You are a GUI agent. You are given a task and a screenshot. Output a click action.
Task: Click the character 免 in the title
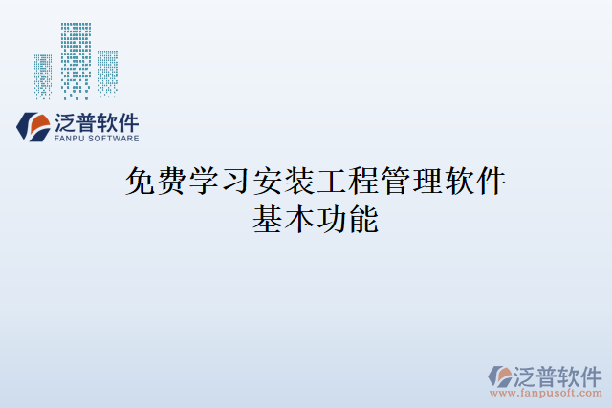tap(142, 181)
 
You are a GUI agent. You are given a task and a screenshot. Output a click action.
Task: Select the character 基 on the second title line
tap(268, 219)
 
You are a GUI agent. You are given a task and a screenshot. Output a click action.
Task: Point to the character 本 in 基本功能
tap(299, 219)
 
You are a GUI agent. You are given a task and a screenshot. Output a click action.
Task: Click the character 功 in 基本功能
tap(331, 219)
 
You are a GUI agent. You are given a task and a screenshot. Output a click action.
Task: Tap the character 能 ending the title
tap(363, 219)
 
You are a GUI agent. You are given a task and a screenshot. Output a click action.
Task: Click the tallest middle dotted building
tap(76, 59)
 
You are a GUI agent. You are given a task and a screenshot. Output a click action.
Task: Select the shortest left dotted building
tap(44, 76)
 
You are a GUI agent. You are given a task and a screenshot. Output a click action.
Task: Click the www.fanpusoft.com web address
tap(546, 391)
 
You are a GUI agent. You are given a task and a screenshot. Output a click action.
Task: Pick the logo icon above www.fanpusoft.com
tap(501, 374)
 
